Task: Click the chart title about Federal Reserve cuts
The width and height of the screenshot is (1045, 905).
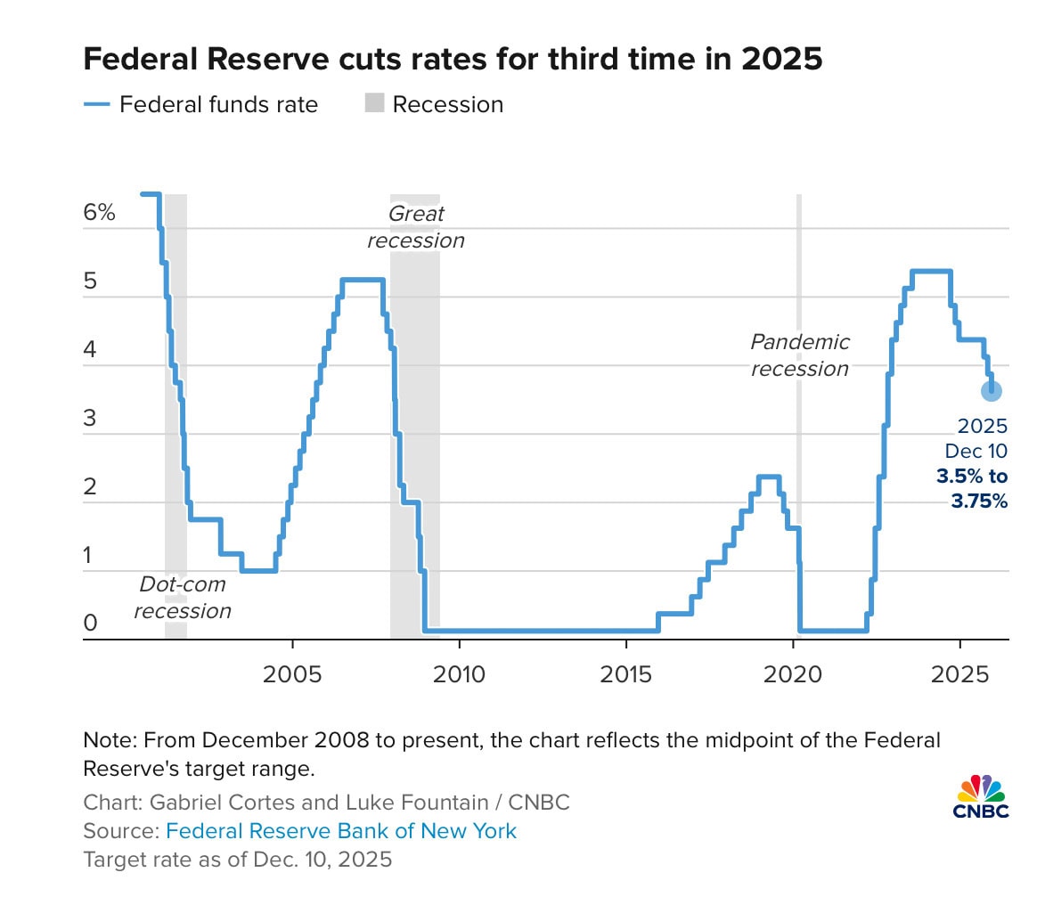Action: tap(452, 60)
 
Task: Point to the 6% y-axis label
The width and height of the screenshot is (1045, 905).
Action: tap(100, 214)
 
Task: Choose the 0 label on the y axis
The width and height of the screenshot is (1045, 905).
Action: tap(90, 624)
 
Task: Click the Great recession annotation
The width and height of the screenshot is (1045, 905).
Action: tap(415, 227)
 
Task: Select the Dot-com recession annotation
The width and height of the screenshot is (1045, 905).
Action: tap(183, 598)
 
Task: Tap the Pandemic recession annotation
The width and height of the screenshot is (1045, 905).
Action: tap(800, 355)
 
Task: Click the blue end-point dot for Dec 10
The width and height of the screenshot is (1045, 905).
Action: tap(992, 390)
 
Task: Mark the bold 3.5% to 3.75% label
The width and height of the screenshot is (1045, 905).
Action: tap(972, 489)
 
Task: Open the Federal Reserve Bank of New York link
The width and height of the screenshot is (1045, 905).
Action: tap(341, 831)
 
